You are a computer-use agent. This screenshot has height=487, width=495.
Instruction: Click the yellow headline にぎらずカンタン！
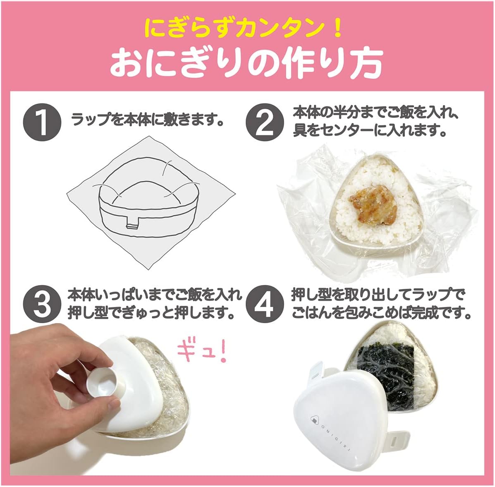coord(244,28)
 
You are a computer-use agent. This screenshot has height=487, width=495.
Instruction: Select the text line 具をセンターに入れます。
coord(371,130)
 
